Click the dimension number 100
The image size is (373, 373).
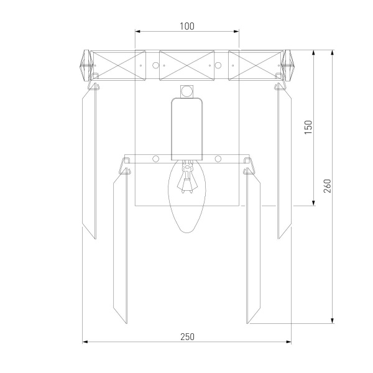187,26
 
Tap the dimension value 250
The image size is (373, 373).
188,337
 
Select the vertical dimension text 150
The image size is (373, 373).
308,127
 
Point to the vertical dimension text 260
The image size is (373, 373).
328,186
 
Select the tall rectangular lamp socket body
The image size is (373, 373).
187,129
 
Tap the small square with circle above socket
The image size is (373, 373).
186,91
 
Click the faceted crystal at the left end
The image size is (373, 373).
86,65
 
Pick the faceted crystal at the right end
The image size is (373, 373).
288,65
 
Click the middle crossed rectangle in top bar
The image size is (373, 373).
186,65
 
